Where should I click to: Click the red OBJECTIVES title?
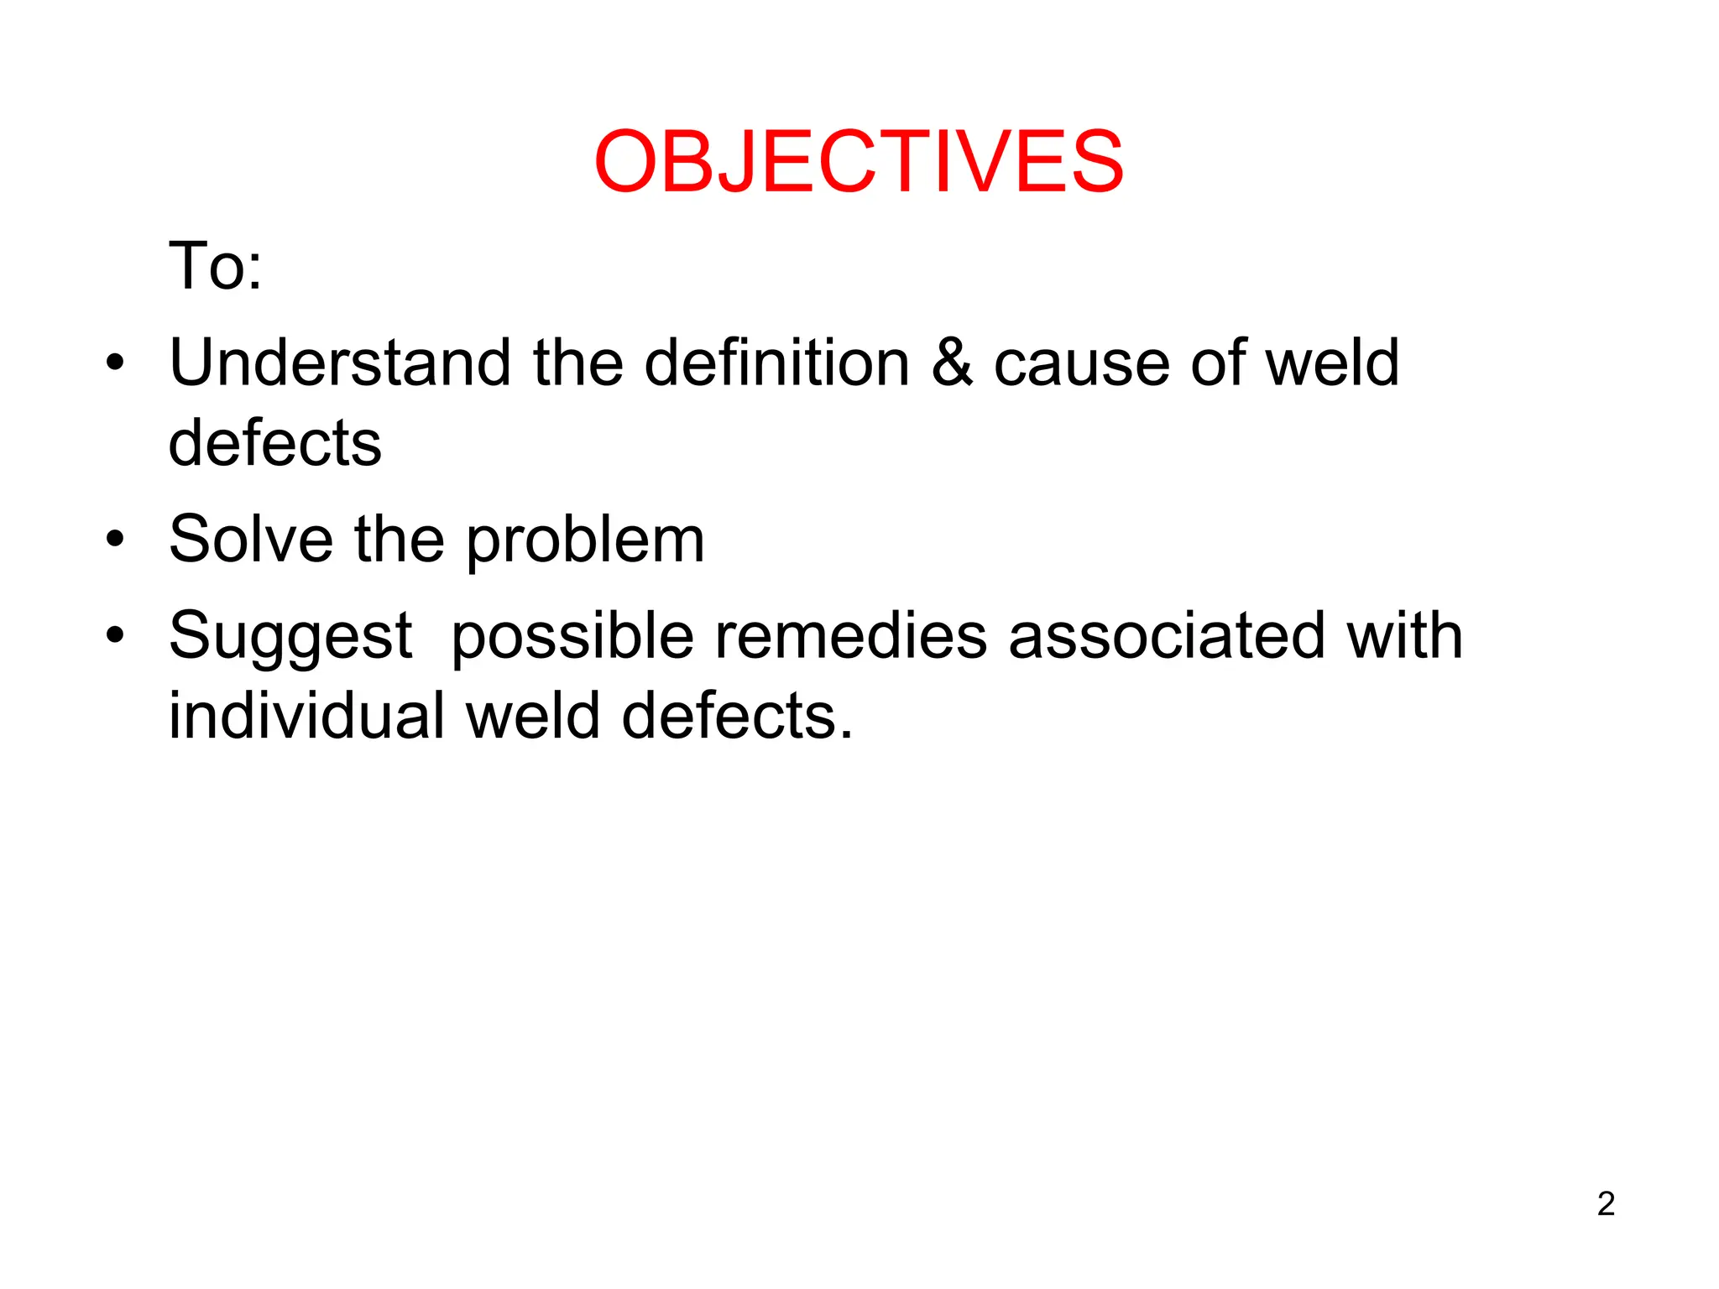858,161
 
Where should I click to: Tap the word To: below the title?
216,266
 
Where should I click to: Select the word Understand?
340,363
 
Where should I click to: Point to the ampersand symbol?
952,363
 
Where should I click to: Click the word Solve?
251,539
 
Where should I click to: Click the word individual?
306,716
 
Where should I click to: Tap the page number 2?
1606,1203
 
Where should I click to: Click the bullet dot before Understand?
115,363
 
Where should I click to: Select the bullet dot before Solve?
115,540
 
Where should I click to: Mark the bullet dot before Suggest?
115,635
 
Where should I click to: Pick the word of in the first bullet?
1215,363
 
